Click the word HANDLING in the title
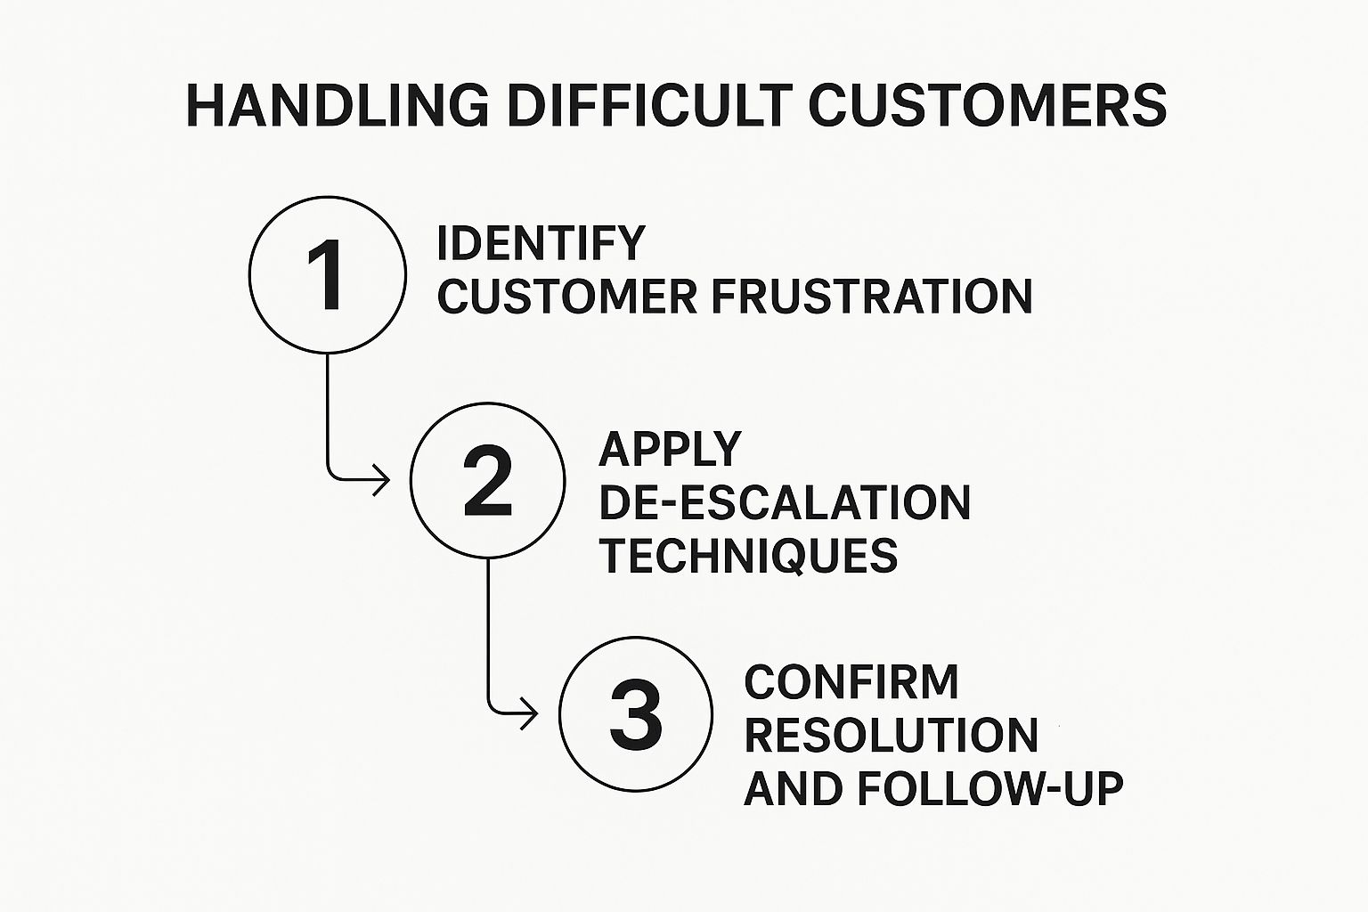[338, 106]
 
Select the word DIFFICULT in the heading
[649, 106]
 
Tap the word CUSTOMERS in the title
[988, 106]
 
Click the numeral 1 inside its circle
[325, 275]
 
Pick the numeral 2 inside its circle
[487, 481]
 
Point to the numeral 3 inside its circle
[636, 714]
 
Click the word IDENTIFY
[541, 243]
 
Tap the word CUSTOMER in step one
[567, 297]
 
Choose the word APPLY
[670, 449]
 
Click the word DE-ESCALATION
[785, 502]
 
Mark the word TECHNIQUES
[749, 556]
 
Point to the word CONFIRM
[851, 681]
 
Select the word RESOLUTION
[891, 736]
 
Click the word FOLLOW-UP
[990, 788]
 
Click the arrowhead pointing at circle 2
[382, 480]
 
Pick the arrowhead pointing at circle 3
[530, 713]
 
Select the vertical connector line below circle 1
[328, 415]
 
